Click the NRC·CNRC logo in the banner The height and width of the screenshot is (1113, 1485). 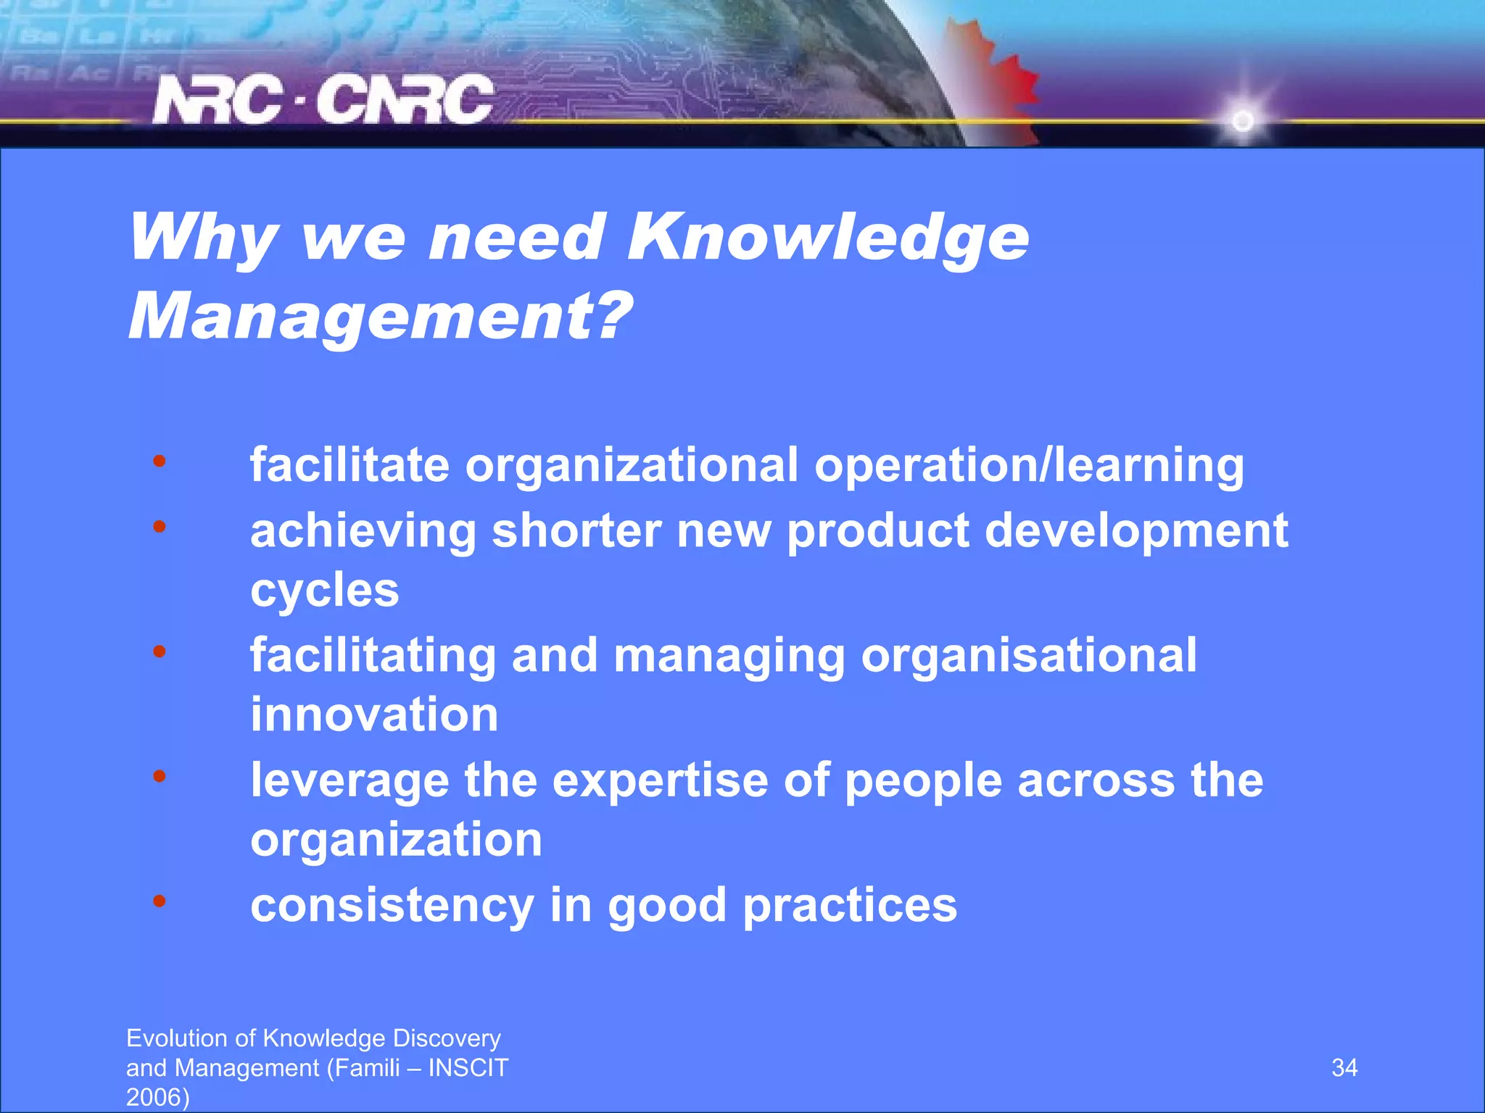point(323,100)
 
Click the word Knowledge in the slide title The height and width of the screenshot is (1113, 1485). point(827,238)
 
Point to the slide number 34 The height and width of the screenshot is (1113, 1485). point(1344,1067)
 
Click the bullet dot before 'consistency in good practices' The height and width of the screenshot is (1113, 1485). point(160,901)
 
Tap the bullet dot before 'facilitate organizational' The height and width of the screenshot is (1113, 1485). point(160,461)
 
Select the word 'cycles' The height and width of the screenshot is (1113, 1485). point(324,591)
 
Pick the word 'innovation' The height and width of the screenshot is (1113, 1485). point(374,714)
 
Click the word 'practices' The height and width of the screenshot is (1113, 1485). point(850,906)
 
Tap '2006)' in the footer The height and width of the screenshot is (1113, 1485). point(157,1097)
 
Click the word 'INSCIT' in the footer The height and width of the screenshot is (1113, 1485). point(468,1067)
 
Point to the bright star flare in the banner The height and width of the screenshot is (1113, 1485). point(1243,120)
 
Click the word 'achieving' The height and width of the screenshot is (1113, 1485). point(363,531)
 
